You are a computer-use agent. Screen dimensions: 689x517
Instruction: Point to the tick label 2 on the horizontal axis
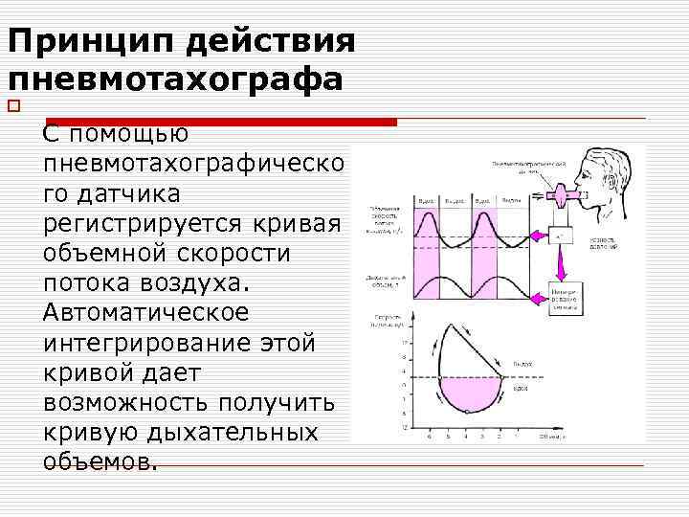pyautogui.click(x=499, y=436)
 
